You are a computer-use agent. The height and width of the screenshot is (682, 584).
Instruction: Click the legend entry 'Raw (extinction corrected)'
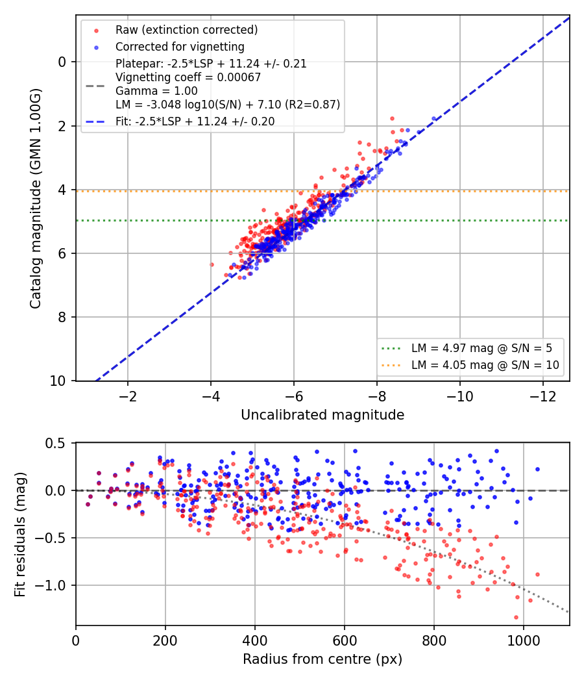(x=186, y=30)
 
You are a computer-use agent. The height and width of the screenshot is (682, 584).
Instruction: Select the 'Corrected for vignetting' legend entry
(x=180, y=47)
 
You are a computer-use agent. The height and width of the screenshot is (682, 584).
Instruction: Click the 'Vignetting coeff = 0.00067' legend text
(x=188, y=77)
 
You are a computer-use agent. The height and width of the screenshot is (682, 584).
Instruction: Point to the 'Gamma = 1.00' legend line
(x=156, y=91)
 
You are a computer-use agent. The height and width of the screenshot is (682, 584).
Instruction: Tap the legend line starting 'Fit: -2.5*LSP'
(x=195, y=121)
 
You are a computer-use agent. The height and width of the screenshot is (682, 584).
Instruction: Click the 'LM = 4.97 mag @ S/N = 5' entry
(x=481, y=348)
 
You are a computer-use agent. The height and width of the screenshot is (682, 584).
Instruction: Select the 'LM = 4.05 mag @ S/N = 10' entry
(x=485, y=365)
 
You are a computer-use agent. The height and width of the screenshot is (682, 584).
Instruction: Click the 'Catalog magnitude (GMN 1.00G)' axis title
(x=35, y=199)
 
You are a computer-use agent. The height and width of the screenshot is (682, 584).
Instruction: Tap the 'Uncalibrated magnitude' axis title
(x=322, y=415)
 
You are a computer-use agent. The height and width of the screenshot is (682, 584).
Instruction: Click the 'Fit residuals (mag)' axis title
(x=20, y=535)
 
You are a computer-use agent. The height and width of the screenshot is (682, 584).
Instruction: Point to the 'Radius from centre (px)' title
(x=322, y=659)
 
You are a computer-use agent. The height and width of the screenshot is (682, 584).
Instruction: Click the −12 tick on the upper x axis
(x=542, y=397)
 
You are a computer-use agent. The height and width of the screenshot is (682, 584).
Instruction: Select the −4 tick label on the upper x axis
(x=211, y=397)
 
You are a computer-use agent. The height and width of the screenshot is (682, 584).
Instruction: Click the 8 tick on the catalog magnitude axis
(x=62, y=317)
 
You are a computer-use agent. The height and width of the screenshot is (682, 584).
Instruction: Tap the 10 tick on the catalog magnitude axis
(x=58, y=381)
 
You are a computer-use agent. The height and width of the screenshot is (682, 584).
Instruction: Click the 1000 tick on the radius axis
(x=524, y=641)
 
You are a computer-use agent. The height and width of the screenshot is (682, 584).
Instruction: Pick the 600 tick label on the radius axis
(x=345, y=641)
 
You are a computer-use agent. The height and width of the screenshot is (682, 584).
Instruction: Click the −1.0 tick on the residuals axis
(x=50, y=585)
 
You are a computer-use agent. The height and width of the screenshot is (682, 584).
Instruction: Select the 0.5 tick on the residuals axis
(x=56, y=443)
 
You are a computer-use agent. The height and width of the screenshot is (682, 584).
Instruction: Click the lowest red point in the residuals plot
(x=517, y=617)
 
